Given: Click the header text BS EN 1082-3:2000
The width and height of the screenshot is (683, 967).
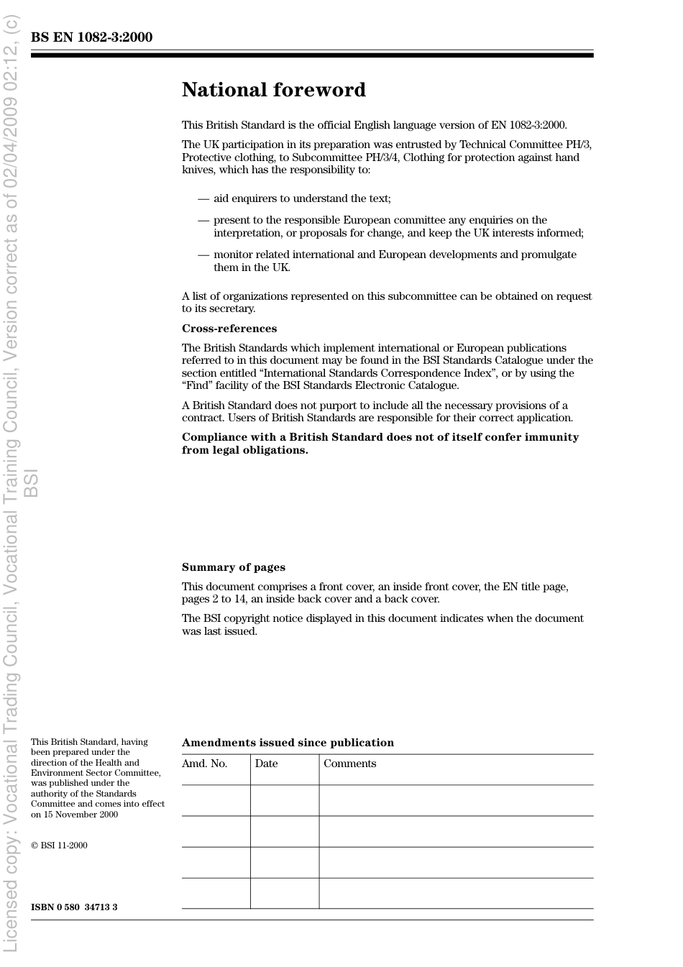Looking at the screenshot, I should [x=91, y=37].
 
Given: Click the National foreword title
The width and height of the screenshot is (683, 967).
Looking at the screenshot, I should [x=273, y=90].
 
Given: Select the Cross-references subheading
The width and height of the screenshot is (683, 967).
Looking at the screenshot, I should [x=229, y=329].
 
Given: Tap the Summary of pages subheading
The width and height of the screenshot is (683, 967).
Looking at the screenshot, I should [x=233, y=567].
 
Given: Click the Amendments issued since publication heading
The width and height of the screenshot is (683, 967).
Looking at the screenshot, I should [x=288, y=743].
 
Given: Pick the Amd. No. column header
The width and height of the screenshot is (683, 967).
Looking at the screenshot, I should [x=204, y=764].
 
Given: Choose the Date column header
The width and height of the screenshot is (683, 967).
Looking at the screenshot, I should [x=266, y=764].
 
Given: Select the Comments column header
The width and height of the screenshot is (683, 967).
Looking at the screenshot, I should [x=349, y=764].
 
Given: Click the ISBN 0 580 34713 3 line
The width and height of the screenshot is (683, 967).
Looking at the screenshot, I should [x=74, y=907].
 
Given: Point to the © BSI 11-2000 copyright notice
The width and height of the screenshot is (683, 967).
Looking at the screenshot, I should [x=59, y=845].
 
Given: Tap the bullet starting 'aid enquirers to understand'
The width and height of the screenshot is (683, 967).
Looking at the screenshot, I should [x=302, y=198].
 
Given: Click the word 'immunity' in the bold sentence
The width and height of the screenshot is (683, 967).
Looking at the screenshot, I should [x=553, y=437].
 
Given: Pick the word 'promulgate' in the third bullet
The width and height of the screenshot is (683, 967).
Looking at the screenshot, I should [x=549, y=255].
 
